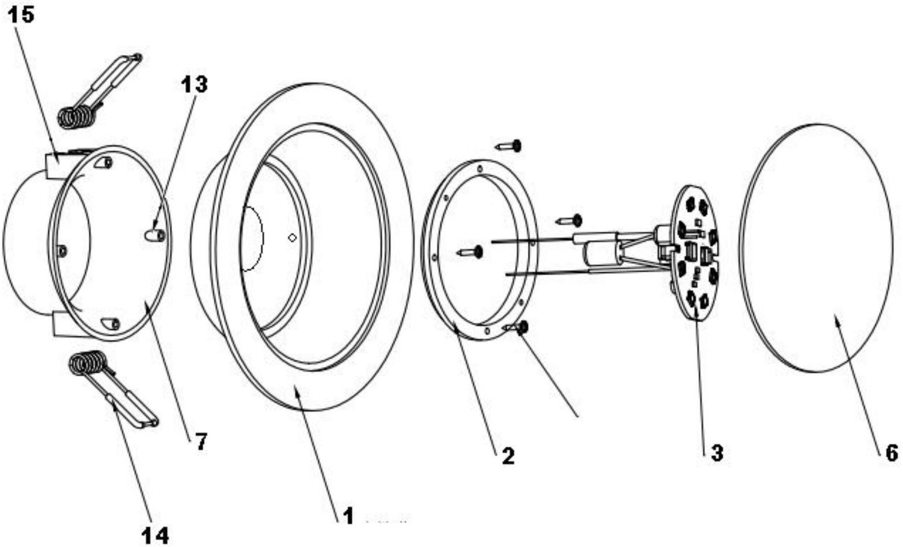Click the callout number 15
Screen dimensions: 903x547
point(21,15)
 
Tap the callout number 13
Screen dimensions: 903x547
point(194,84)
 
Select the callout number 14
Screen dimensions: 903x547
point(155,536)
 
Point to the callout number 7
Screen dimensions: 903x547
point(201,442)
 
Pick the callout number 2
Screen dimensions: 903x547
point(508,456)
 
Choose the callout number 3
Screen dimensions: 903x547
point(717,453)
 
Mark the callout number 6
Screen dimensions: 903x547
point(892,453)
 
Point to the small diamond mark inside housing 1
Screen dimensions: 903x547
point(293,238)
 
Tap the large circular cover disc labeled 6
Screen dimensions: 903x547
point(816,247)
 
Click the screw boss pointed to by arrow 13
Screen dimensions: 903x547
point(154,236)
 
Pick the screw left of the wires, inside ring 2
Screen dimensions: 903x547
point(469,252)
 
